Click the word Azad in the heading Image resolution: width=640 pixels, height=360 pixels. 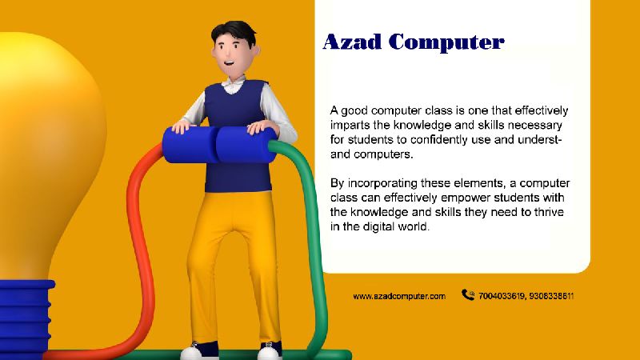tap(352, 42)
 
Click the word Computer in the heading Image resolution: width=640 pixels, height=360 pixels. tap(446, 43)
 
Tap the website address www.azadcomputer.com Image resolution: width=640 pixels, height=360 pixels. tap(399, 296)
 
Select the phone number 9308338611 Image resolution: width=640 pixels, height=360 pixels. tap(551, 296)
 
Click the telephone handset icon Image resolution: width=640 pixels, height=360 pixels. tap(468, 294)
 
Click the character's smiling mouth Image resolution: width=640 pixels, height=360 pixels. tap(229, 63)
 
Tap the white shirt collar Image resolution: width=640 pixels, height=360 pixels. tap(234, 85)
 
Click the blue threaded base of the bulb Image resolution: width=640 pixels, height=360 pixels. tap(26, 318)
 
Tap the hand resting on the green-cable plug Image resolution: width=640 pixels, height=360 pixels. tap(262, 128)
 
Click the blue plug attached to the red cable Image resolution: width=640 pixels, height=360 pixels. tap(190, 145)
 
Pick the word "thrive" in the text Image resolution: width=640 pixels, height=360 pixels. tap(549, 212)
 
